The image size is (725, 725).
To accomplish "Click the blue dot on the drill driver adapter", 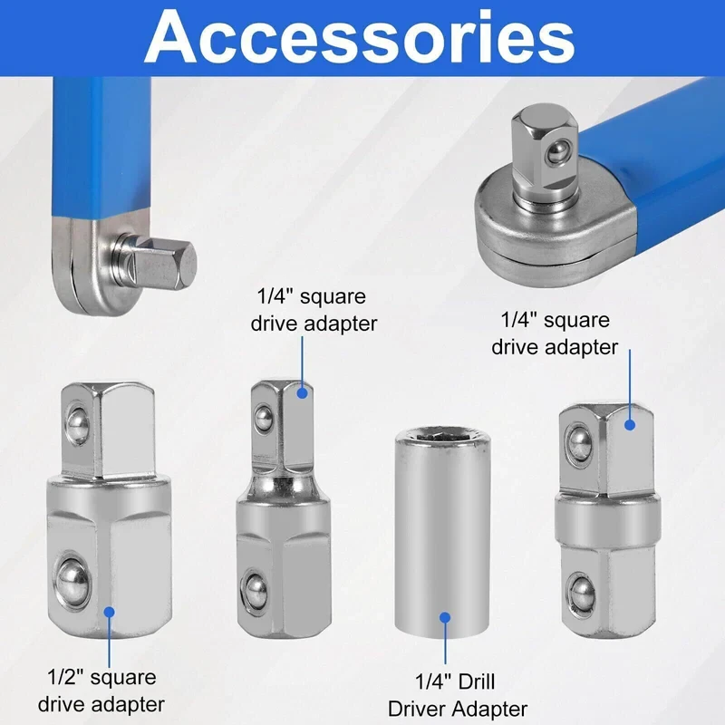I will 445,617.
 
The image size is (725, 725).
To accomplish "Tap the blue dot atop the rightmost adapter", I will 632,422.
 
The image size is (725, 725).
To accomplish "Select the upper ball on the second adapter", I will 264,418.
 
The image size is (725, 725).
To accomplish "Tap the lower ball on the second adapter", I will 256,585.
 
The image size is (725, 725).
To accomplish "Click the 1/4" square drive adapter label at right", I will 556,333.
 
